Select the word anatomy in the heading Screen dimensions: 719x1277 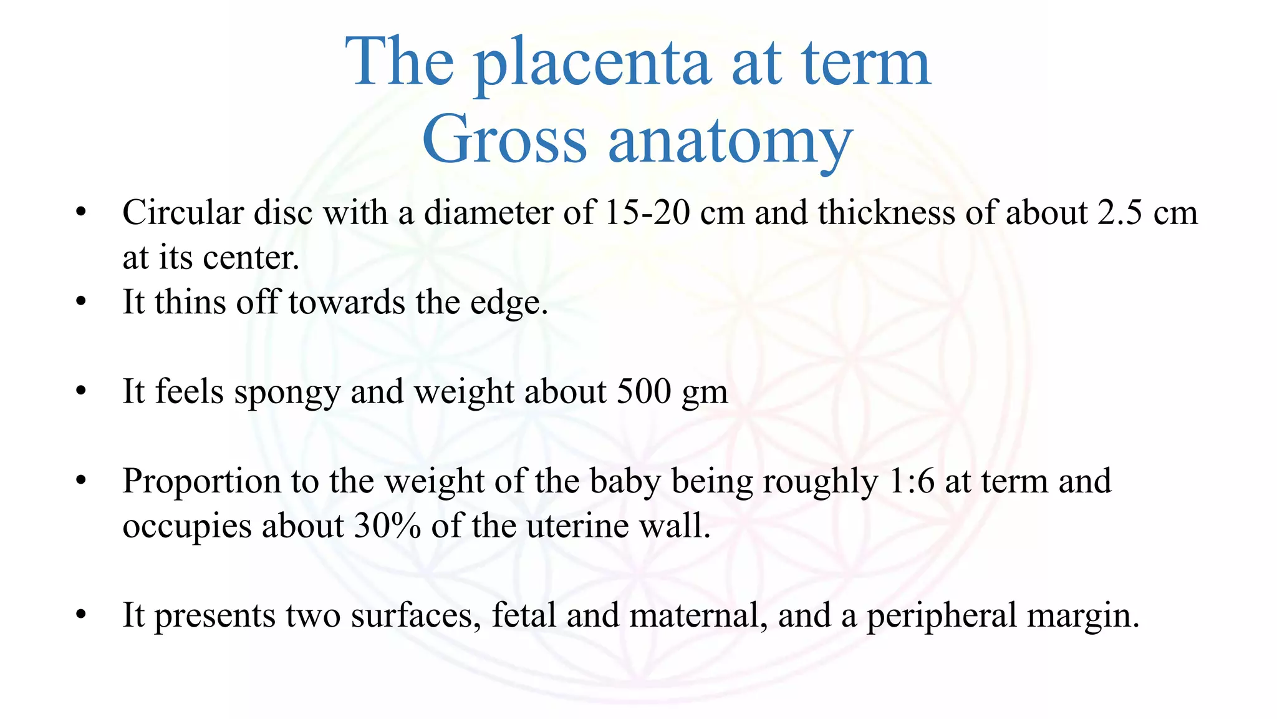(x=730, y=142)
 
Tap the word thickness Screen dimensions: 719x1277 (x=886, y=213)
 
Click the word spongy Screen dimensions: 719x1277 (x=287, y=393)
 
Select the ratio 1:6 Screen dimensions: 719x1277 (x=908, y=481)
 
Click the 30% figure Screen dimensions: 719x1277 (x=387, y=526)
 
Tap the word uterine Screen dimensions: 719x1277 (x=578, y=526)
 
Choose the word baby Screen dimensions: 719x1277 (x=625, y=482)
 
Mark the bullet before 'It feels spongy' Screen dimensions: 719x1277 (x=80, y=392)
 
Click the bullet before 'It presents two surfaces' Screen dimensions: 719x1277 (x=80, y=615)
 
